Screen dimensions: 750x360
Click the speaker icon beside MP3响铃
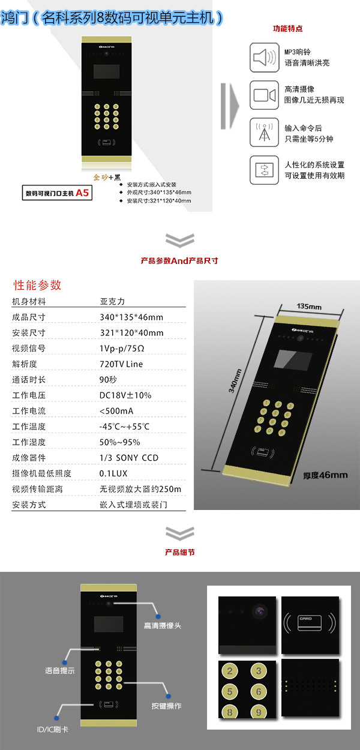265,58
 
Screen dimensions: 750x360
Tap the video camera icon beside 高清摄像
265,95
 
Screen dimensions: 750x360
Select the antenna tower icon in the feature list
265,132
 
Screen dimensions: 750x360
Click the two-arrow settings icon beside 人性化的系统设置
265,170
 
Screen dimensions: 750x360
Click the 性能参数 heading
37,285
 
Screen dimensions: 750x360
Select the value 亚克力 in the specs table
112,302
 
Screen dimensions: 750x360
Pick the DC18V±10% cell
125,395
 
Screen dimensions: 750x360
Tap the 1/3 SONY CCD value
129,458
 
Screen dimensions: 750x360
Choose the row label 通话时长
29,380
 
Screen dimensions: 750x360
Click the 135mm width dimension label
310,307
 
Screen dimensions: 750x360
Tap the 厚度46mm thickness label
325,475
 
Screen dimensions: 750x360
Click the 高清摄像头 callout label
162,626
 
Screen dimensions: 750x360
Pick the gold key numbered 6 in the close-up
258,692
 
